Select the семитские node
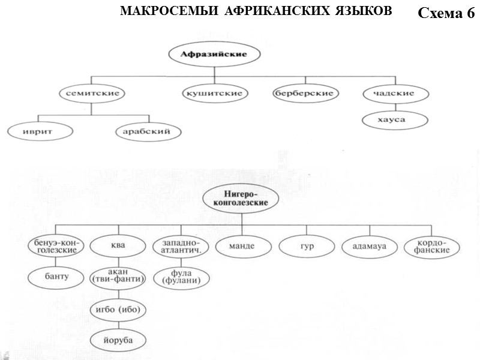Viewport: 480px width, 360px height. pos(91,94)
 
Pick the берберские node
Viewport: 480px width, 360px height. pos(306,94)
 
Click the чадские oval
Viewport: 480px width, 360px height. pos(397,94)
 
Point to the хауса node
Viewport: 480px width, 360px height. pos(396,120)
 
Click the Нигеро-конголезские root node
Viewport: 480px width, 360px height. pos(241,199)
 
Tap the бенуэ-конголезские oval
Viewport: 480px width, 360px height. pos(56,246)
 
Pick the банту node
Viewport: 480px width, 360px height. pos(56,277)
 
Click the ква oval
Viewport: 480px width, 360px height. pos(118,246)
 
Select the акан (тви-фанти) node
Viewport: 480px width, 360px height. pos(118,277)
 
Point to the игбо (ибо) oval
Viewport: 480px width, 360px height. pos(118,310)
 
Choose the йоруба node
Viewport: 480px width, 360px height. pos(118,340)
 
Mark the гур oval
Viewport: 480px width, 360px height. pos(307,246)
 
